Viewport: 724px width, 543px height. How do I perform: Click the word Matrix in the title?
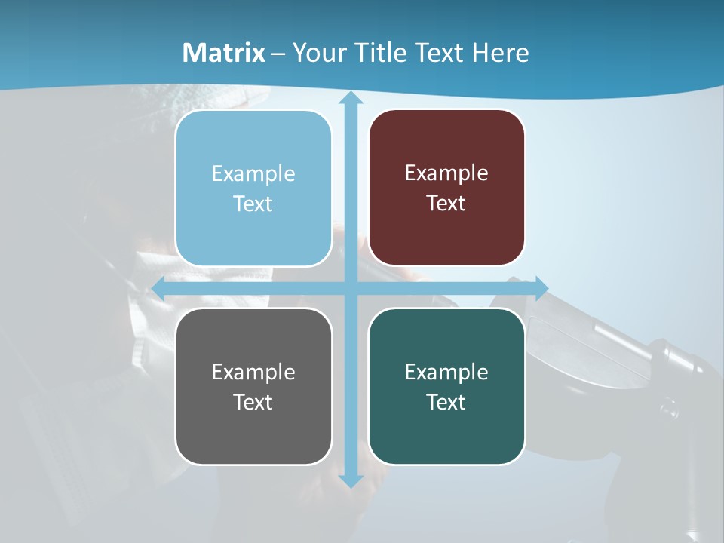coord(224,53)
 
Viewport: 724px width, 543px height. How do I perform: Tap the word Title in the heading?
coord(382,53)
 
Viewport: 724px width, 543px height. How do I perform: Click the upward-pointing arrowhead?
coord(350,99)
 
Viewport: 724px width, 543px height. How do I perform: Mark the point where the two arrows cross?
coord(350,288)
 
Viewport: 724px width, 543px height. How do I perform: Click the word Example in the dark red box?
coord(446,173)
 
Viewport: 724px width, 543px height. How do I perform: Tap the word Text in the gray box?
coord(253,402)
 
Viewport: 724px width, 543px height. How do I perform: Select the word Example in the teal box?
coord(446,372)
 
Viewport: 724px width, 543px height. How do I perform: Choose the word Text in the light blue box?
coord(253,204)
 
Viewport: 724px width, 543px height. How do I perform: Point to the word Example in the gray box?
coord(253,372)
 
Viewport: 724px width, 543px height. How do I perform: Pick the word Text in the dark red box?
coord(446,204)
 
